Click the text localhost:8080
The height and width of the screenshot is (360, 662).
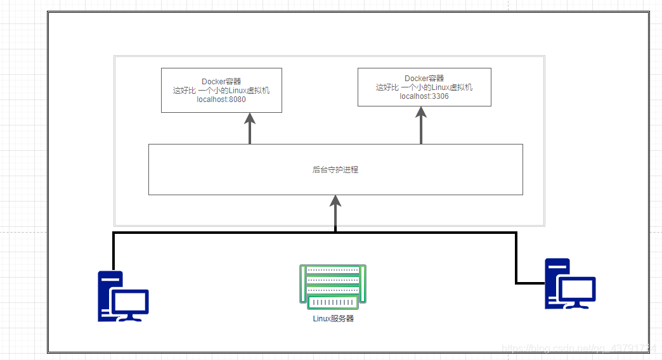point(221,100)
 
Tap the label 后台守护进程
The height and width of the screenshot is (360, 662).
point(335,170)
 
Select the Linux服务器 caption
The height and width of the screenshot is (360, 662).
point(334,319)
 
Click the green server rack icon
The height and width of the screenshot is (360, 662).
point(333,286)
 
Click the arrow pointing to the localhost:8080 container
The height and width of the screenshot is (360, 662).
point(250,127)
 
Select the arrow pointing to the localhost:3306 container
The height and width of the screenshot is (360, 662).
point(420,124)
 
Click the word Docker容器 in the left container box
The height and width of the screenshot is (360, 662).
point(221,81)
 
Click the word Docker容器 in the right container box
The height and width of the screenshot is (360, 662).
point(424,79)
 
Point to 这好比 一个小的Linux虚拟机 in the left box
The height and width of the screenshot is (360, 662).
point(221,91)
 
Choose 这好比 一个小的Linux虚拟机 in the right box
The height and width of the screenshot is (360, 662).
point(424,87)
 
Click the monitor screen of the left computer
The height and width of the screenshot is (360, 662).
point(130,302)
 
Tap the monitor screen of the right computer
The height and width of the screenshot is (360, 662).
point(576,289)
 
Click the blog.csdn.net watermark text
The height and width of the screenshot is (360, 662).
point(574,348)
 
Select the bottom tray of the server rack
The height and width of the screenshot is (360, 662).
point(333,302)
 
